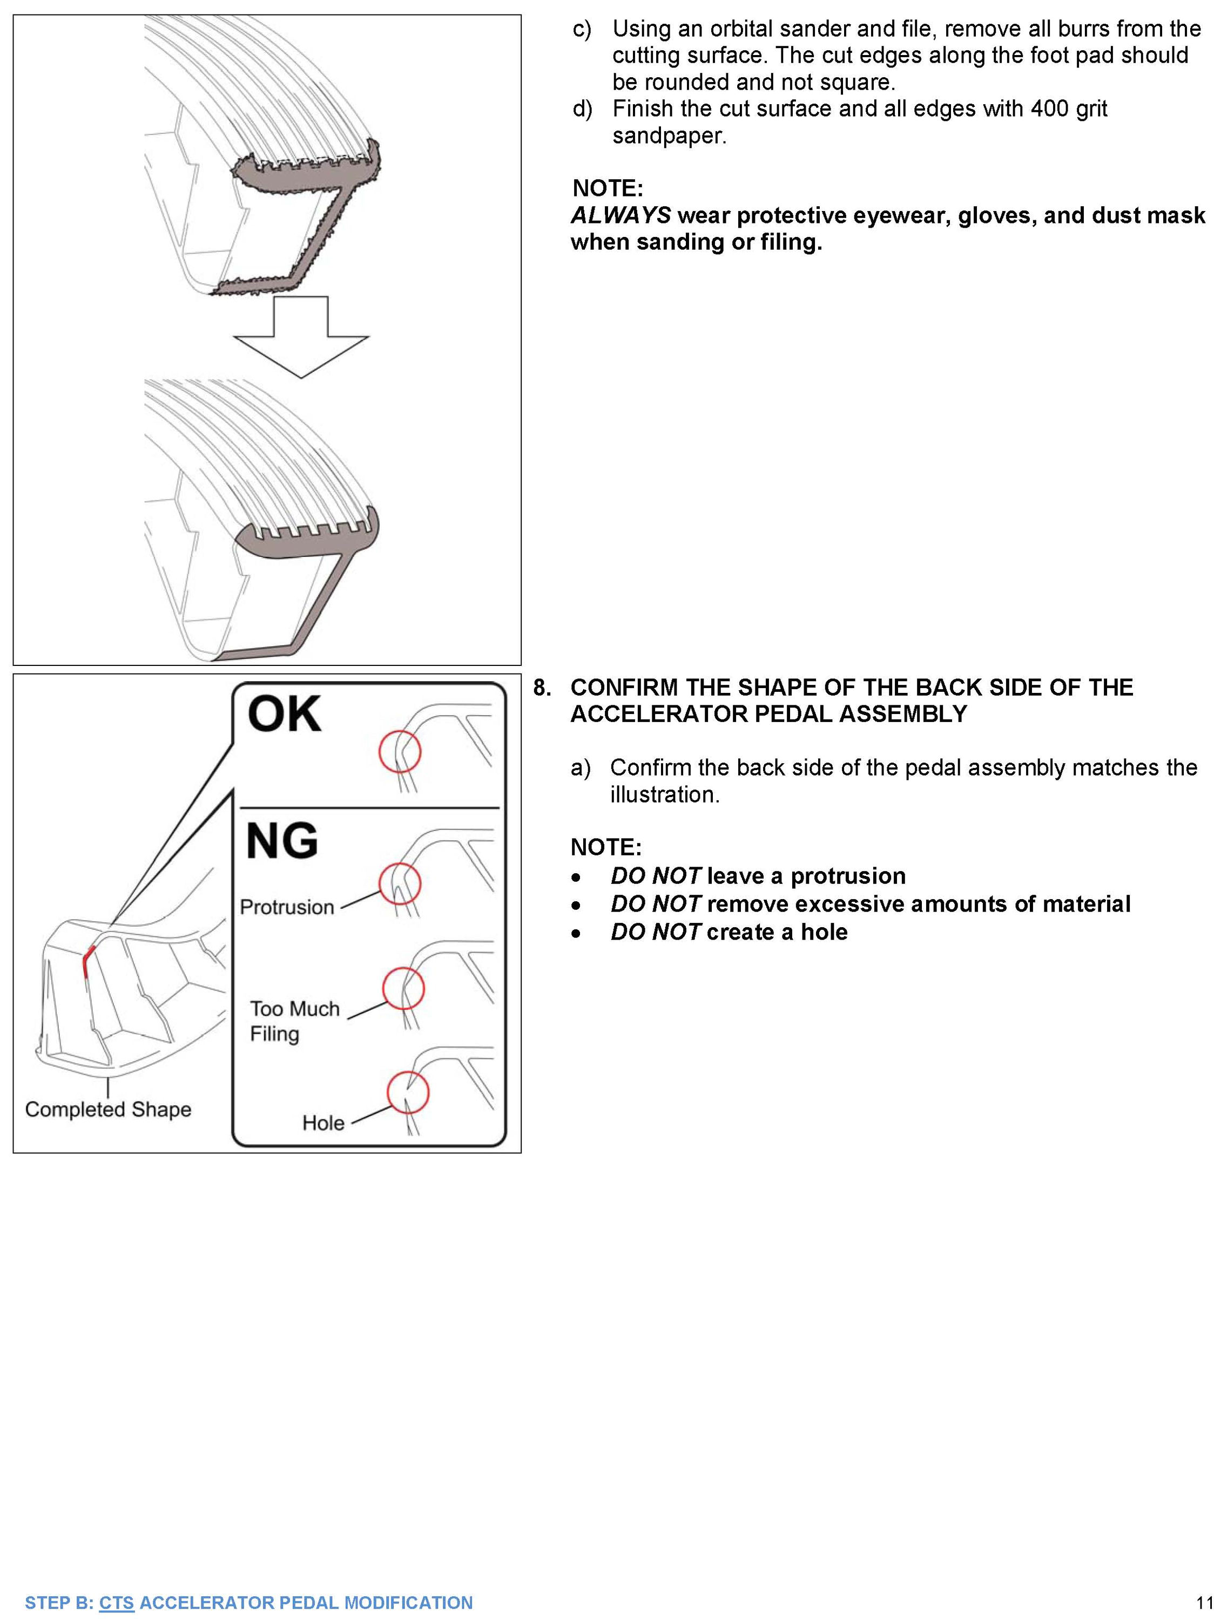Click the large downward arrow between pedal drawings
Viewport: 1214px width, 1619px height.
click(301, 336)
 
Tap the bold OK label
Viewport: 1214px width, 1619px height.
click(284, 715)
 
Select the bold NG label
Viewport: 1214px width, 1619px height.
click(282, 841)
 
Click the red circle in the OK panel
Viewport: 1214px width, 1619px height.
click(399, 751)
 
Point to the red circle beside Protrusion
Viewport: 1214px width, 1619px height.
click(399, 883)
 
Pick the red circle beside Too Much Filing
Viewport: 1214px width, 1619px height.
click(403, 988)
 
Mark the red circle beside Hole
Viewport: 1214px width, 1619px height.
click(408, 1092)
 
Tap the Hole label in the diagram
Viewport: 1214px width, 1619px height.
click(323, 1123)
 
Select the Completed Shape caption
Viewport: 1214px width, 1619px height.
click(109, 1110)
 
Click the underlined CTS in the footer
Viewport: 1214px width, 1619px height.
click(117, 1602)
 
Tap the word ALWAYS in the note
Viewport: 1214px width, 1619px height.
click(620, 215)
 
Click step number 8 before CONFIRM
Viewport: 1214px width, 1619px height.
click(541, 688)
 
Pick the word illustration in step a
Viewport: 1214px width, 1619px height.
click(664, 794)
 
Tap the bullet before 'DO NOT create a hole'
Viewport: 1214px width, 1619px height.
click(577, 933)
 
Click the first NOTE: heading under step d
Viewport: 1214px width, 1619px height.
click(607, 188)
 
